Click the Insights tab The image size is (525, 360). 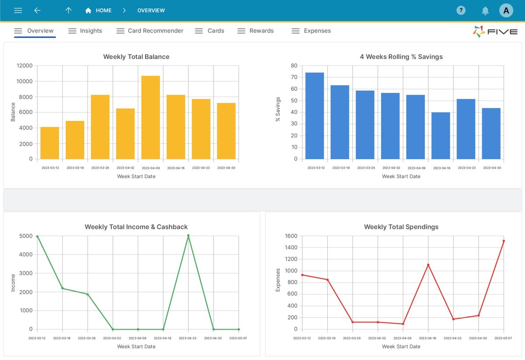tap(85, 31)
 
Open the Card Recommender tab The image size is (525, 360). tap(150, 31)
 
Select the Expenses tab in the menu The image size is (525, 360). tap(311, 31)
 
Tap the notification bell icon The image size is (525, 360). tap(485, 10)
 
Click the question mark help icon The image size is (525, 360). tap(461, 10)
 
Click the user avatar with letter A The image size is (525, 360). tap(506, 10)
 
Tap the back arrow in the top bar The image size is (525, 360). tap(38, 10)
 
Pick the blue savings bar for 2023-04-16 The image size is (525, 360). tap(441, 136)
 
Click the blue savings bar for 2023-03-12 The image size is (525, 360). tap(315, 116)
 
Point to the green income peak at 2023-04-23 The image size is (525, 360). tap(189, 235)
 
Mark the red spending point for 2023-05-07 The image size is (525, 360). tap(504, 241)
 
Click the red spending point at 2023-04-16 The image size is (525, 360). tap(428, 265)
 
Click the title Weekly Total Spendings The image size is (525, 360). tap(401, 227)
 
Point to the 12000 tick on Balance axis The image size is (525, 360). tap(24, 66)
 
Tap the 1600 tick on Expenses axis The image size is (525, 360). tap(290, 236)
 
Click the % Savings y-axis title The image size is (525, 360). tap(278, 112)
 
